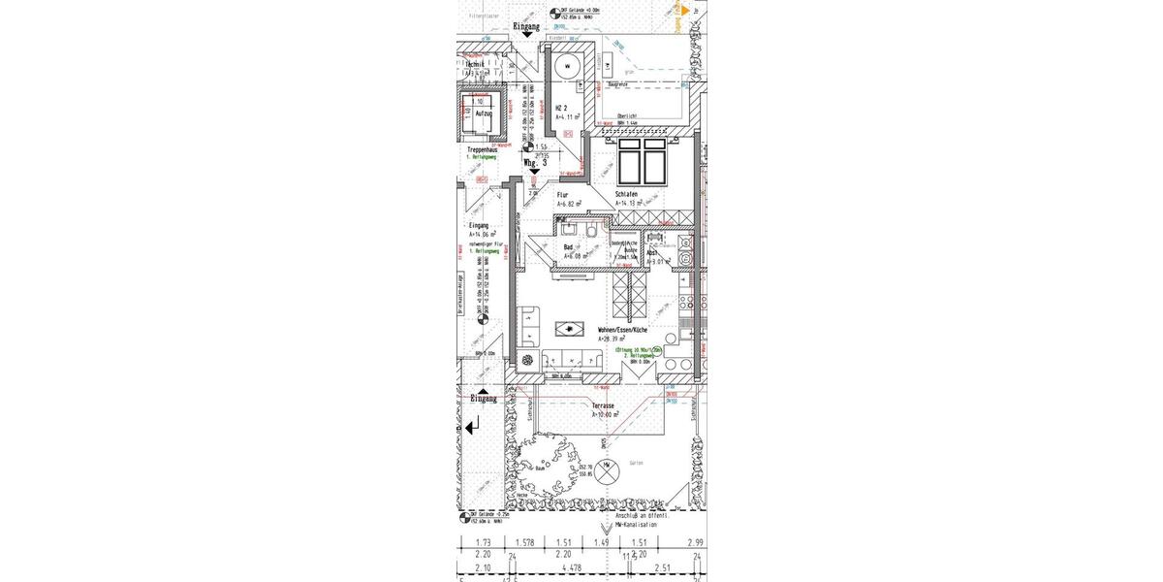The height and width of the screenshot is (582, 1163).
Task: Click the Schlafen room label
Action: pyautogui.click(x=626, y=194)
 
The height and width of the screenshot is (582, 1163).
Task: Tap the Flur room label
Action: pyautogui.click(x=562, y=194)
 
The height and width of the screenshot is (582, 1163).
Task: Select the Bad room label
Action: pyautogui.click(x=569, y=247)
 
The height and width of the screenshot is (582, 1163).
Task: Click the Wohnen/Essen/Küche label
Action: pyautogui.click(x=622, y=330)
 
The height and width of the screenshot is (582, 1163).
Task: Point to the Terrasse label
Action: pyautogui.click(x=605, y=405)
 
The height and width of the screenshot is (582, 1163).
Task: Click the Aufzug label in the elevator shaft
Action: pyautogui.click(x=484, y=113)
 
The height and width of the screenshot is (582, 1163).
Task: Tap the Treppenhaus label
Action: pyautogui.click(x=482, y=150)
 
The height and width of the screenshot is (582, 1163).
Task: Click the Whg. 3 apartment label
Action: pyautogui.click(x=535, y=164)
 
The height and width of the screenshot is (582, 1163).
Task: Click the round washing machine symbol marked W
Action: pyautogui.click(x=568, y=66)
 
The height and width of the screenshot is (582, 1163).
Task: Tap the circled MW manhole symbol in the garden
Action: pyautogui.click(x=607, y=466)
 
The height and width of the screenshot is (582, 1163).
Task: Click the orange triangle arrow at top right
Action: pyautogui.click(x=685, y=9)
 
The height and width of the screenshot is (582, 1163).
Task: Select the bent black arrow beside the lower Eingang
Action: pyautogui.click(x=473, y=426)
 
